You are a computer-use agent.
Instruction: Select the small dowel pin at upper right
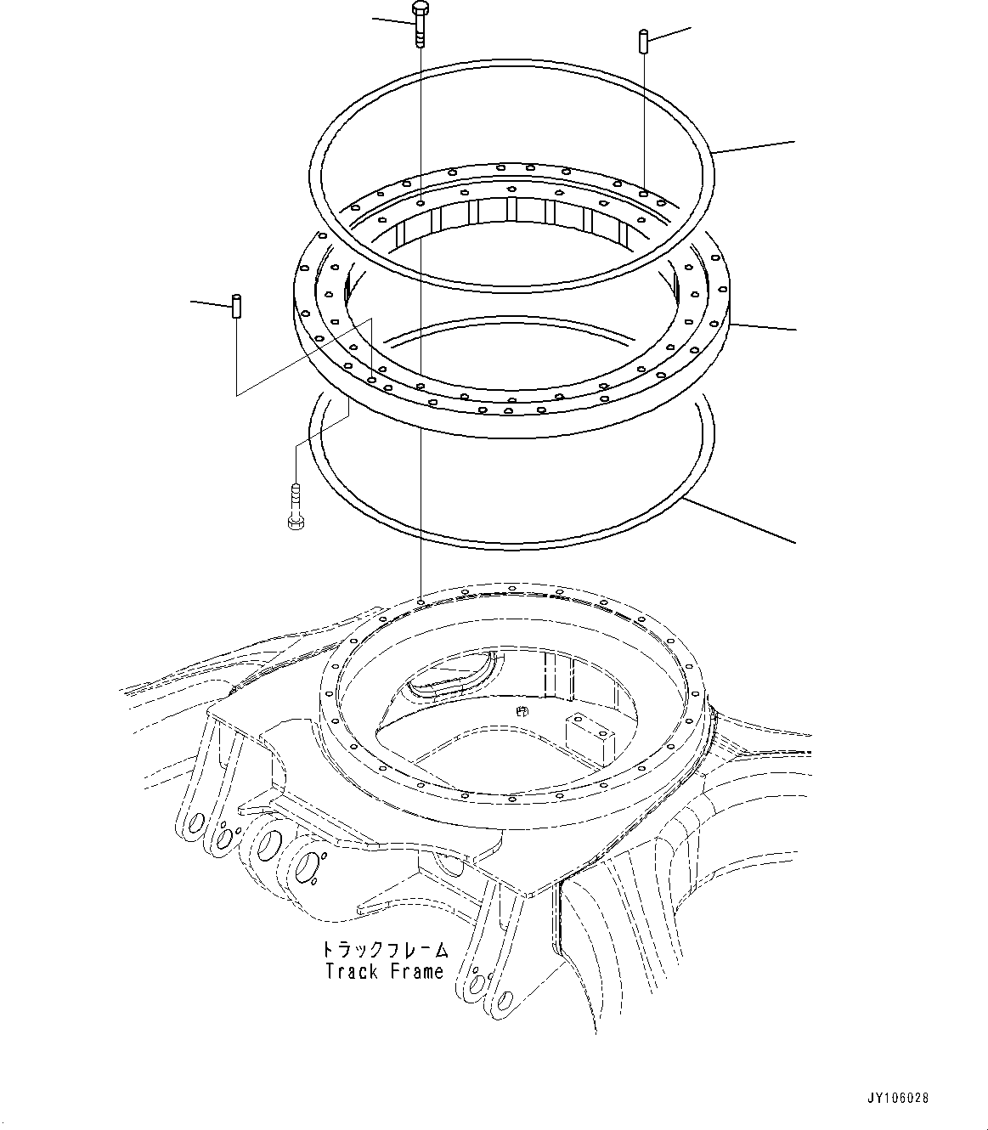point(645,41)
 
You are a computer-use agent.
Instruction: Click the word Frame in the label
point(417,971)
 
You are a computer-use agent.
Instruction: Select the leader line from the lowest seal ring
point(739,520)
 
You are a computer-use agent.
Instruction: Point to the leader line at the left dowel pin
point(209,302)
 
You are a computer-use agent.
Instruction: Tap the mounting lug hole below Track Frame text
point(477,983)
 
